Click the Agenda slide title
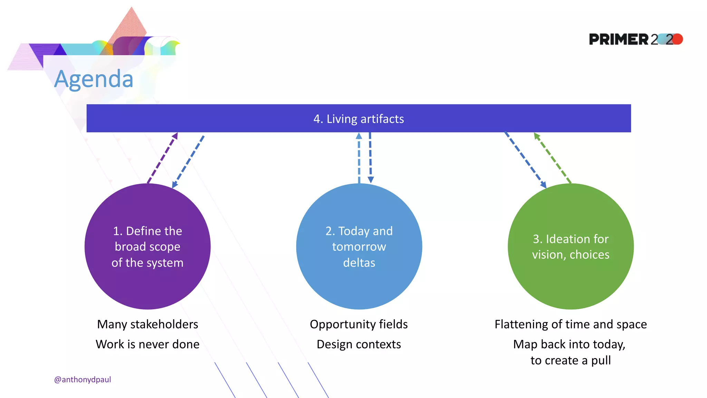coord(94,79)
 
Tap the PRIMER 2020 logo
coord(635,39)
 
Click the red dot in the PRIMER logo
coord(678,39)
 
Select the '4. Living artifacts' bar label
coord(358,119)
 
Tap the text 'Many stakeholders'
coord(147,324)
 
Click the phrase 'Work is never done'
coord(147,344)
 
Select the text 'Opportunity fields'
coord(359,324)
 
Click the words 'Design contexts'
coord(359,344)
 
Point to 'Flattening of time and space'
coord(570,324)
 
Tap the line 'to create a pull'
coord(570,360)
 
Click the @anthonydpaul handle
coord(83,379)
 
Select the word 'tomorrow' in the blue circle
coord(359,247)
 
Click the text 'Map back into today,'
coord(569,344)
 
